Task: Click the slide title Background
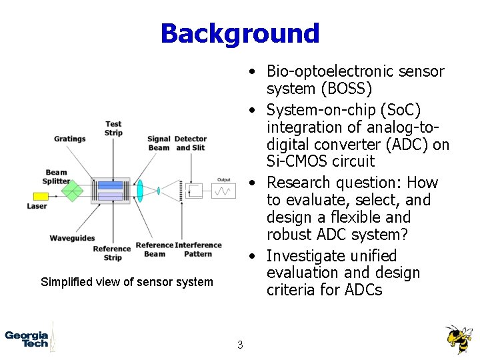click(240, 33)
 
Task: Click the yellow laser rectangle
click(41, 197)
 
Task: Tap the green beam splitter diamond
click(71, 191)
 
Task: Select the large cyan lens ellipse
click(140, 191)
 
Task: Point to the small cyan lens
click(159, 191)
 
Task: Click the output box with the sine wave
click(223, 191)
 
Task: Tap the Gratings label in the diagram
click(70, 139)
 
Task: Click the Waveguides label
click(72, 238)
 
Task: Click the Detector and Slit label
click(191, 143)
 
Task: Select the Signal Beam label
click(159, 143)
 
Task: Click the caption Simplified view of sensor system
click(127, 282)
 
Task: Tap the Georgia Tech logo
click(27, 339)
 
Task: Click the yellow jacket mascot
click(458, 339)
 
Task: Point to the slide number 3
click(240, 345)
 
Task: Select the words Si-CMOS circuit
click(321, 161)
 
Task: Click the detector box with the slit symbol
click(195, 191)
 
